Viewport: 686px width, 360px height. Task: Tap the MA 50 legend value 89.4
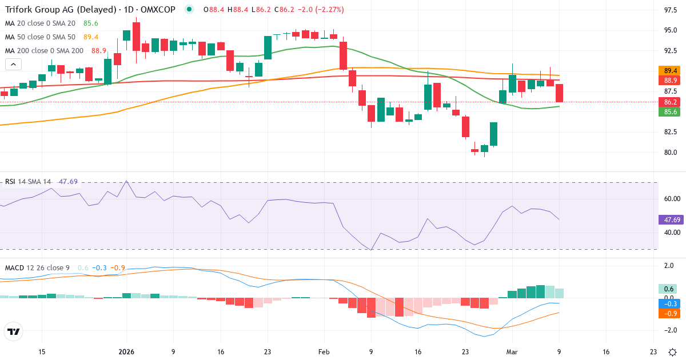(91, 37)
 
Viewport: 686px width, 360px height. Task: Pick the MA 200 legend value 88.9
(99, 51)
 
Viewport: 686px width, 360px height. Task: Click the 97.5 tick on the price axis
(671, 10)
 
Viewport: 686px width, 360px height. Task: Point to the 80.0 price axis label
(671, 153)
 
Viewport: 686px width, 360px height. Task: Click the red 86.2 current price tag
(671, 102)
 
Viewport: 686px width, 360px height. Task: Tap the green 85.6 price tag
(671, 112)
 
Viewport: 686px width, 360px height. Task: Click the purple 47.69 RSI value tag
(671, 219)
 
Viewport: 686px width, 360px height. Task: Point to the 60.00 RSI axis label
(671, 198)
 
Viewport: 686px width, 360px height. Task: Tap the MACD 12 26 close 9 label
(38, 268)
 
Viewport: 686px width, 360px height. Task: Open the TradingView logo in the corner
(13, 331)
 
